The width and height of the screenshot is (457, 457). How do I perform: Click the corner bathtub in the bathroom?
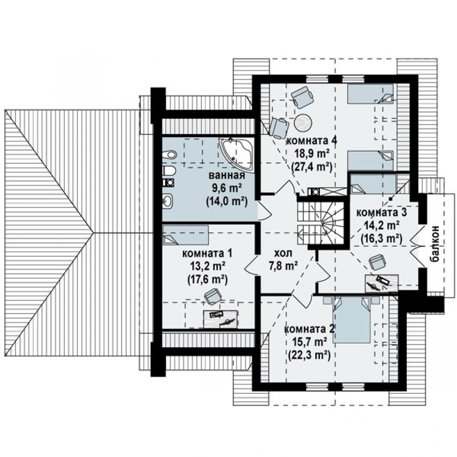pyautogui.click(x=237, y=154)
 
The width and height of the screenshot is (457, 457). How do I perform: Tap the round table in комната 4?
pyautogui.click(x=303, y=122)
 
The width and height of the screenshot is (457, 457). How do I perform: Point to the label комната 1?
pyautogui.click(x=207, y=253)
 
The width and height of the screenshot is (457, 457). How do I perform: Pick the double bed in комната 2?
pyautogui.click(x=352, y=319)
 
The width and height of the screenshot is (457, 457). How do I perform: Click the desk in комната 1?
pyautogui.click(x=221, y=318)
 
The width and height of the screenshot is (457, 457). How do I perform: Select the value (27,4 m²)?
pyautogui.click(x=312, y=167)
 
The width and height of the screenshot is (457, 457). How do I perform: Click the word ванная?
pyautogui.click(x=227, y=176)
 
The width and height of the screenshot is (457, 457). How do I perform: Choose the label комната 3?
pyautogui.click(x=382, y=213)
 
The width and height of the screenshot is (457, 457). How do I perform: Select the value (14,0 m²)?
pyautogui.click(x=227, y=202)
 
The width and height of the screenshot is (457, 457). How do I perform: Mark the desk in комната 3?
pyautogui.click(x=382, y=282)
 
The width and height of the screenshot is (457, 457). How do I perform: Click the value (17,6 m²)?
pyautogui.click(x=207, y=279)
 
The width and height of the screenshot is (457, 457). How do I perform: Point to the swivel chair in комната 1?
pyautogui.click(x=213, y=297)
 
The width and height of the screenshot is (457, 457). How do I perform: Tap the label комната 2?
pyautogui.click(x=309, y=329)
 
